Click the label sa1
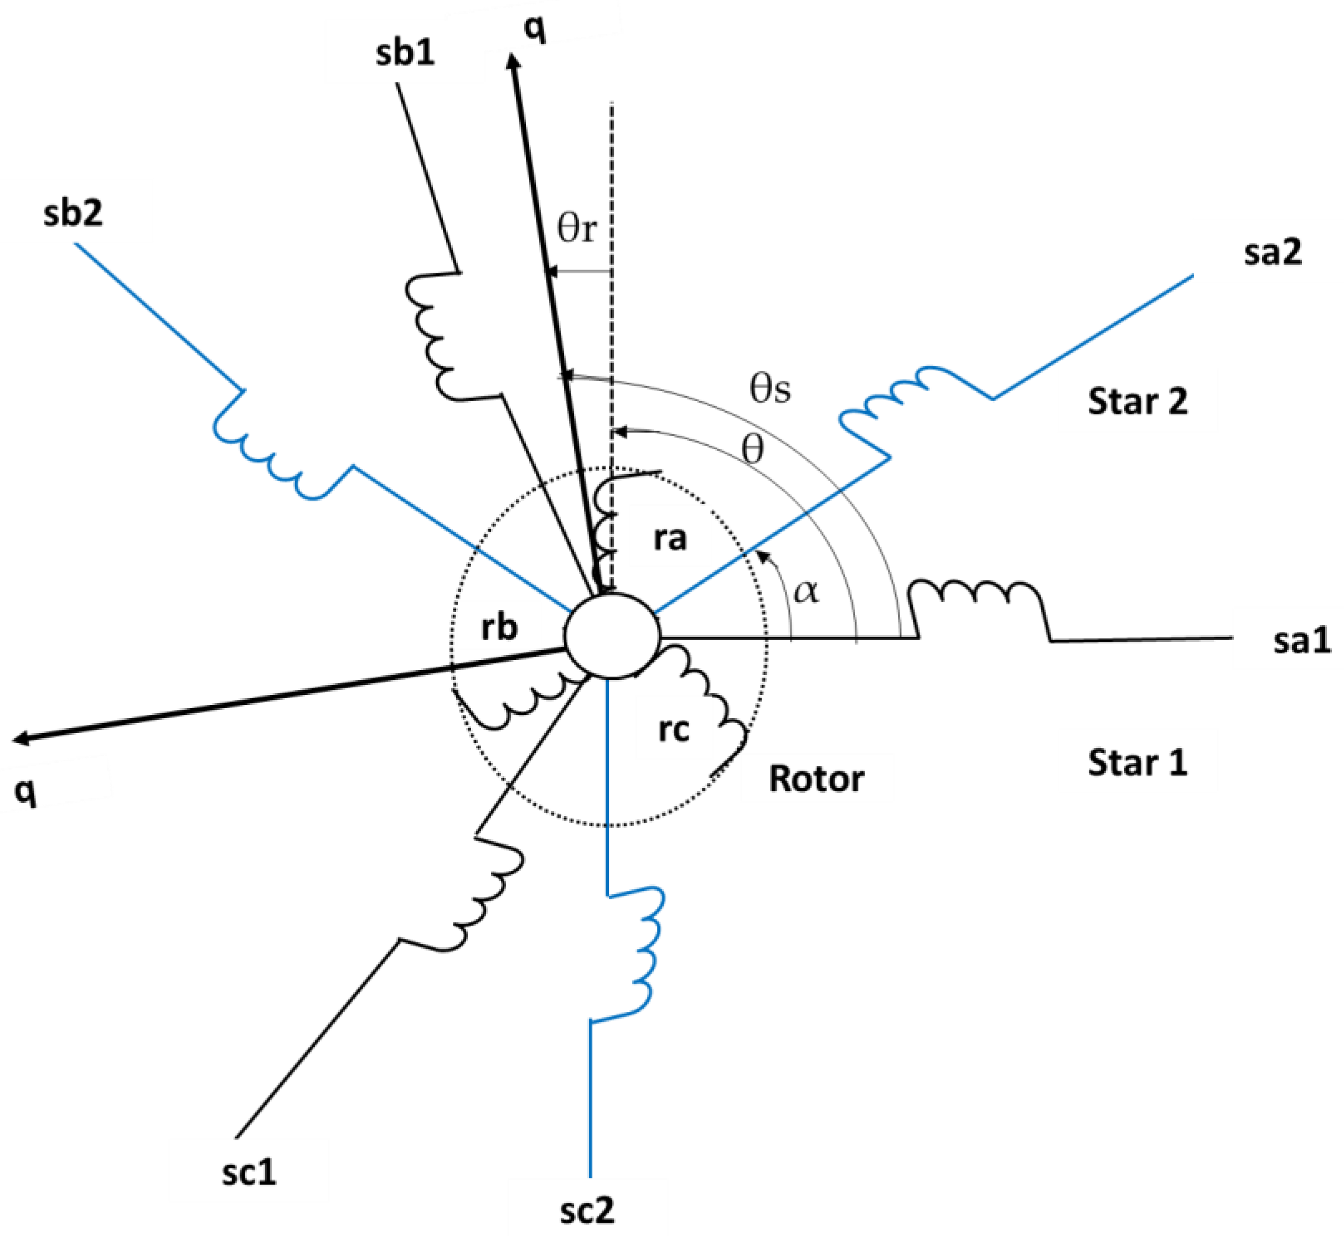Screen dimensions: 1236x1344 tap(1302, 641)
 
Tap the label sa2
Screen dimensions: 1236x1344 tap(1273, 253)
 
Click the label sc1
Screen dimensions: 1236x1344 tap(249, 1173)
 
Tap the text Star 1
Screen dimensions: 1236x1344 tap(1138, 763)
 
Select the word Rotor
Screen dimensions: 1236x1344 tap(815, 779)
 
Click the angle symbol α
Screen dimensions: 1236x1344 tap(805, 591)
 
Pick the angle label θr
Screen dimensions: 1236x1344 tap(577, 230)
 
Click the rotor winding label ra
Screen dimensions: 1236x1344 tap(670, 538)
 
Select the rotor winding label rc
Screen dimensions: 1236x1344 tap(673, 729)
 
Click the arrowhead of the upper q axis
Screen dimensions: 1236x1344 tap(514, 64)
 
